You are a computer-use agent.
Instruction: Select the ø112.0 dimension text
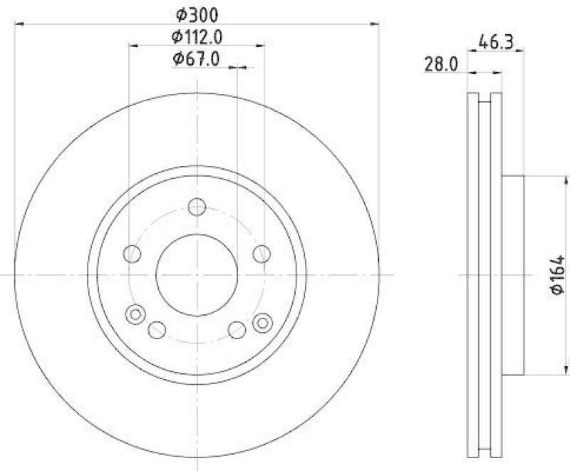tap(197, 36)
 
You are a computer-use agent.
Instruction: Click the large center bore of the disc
tap(197, 275)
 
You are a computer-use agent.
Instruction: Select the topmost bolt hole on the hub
tap(197, 207)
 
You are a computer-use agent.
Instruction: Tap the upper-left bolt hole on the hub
tap(132, 253)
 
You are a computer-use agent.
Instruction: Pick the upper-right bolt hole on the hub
tap(261, 253)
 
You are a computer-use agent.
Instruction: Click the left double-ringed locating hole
tap(135, 314)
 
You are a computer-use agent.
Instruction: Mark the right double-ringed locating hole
tap(261, 322)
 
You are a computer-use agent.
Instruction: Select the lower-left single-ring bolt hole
tap(157, 329)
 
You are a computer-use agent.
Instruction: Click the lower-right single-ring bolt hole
tap(237, 329)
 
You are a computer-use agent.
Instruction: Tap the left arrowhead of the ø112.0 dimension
tap(133, 46)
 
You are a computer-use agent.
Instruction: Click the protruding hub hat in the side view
tap(513, 275)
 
